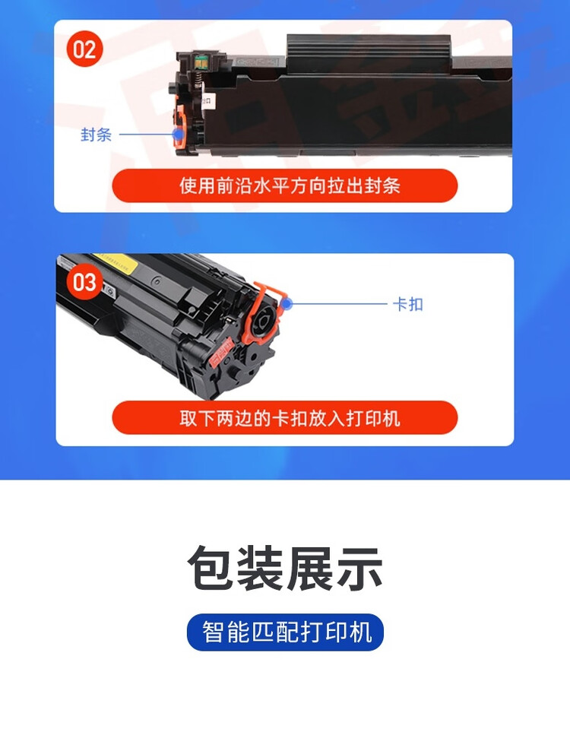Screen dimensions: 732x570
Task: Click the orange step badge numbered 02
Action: click(x=85, y=49)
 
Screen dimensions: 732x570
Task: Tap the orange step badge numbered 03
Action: click(x=85, y=283)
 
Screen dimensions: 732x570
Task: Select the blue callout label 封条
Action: click(x=97, y=135)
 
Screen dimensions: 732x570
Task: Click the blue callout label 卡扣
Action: click(x=407, y=305)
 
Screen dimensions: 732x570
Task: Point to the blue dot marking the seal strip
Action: click(x=179, y=135)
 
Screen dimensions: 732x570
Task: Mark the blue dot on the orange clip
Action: click(x=287, y=304)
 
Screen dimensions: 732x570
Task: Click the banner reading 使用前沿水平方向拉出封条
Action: click(x=285, y=185)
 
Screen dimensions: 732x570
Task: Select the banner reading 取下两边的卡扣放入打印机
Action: click(x=285, y=418)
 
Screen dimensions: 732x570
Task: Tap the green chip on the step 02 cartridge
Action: click(x=201, y=58)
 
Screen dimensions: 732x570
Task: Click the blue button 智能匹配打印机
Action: click(x=285, y=632)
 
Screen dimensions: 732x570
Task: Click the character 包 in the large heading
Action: click(x=211, y=569)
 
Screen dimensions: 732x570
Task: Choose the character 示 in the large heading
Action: click(x=359, y=569)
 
